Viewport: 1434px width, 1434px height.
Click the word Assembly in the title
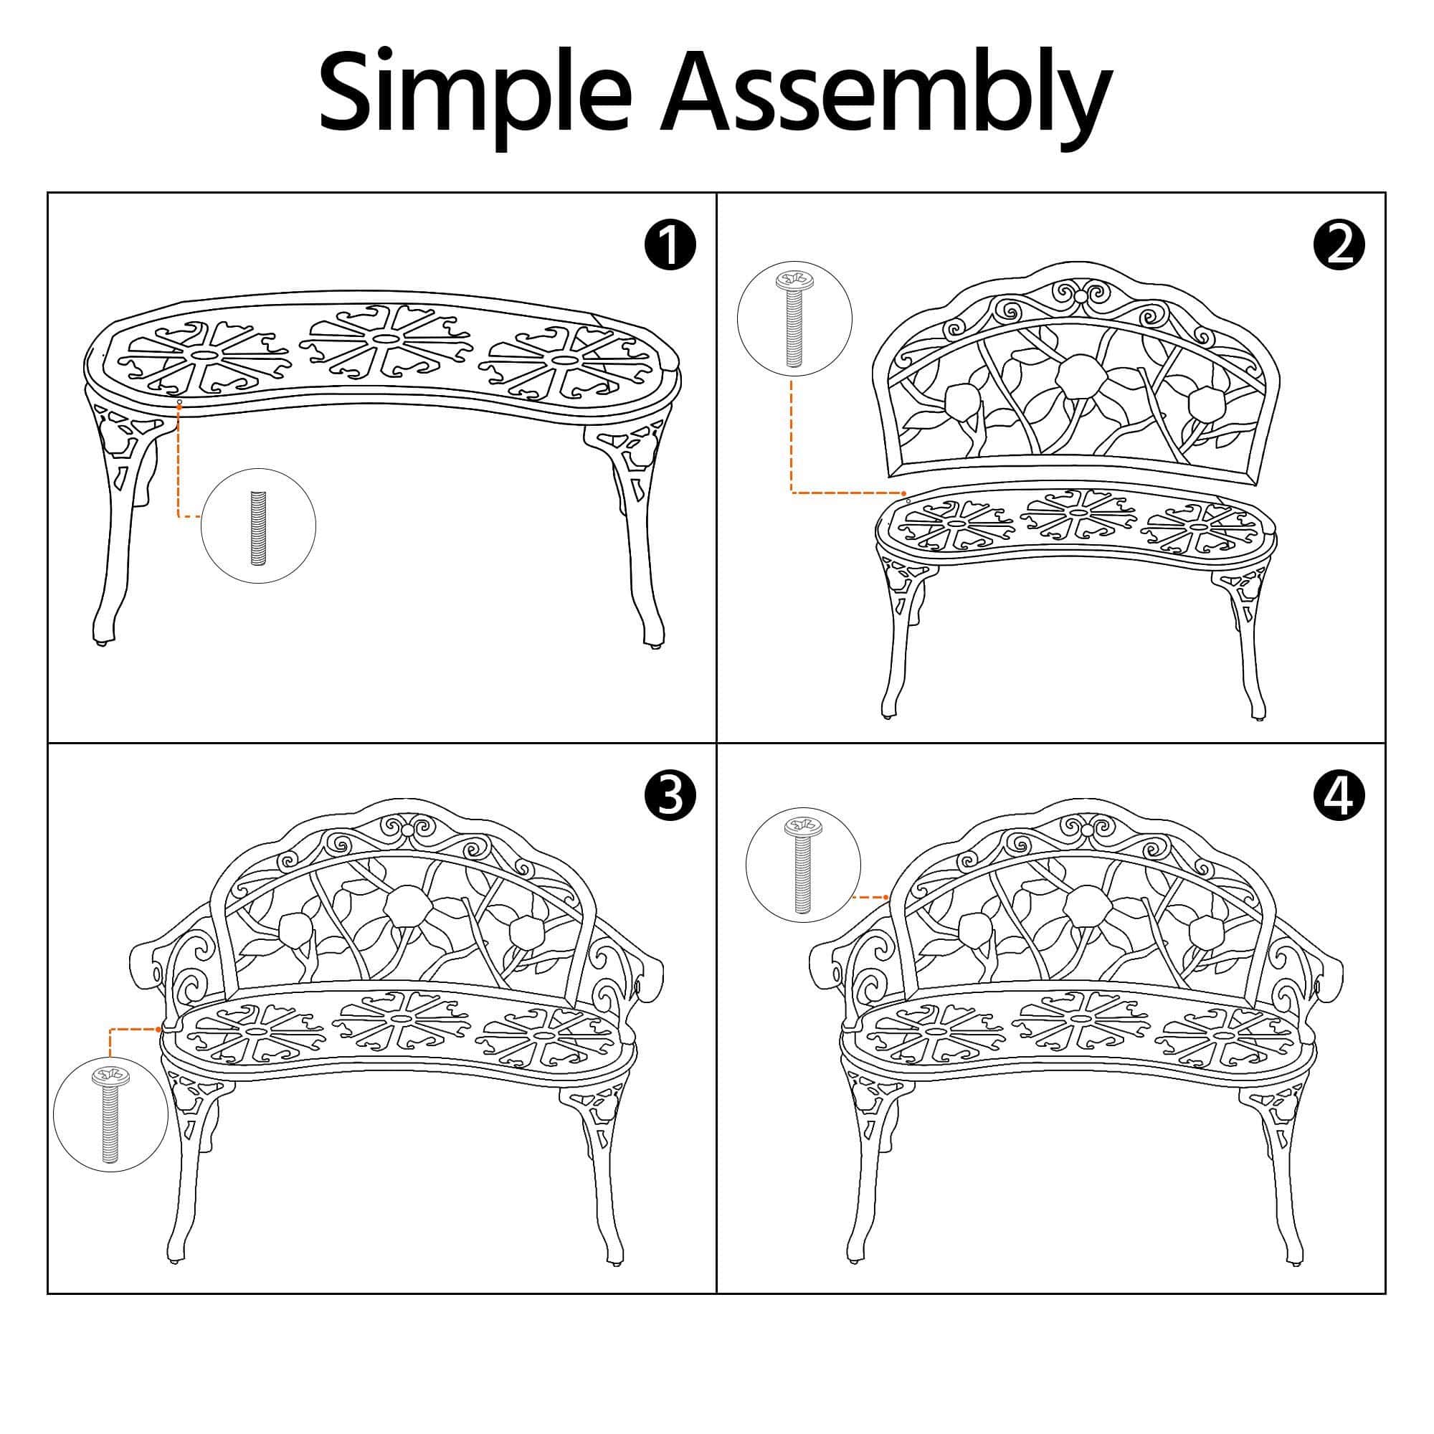[887, 98]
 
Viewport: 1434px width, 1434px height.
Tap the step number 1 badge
[670, 246]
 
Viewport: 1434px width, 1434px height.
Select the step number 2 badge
[1338, 246]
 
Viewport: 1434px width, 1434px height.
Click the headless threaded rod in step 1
[258, 527]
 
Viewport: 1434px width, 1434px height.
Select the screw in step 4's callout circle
[803, 865]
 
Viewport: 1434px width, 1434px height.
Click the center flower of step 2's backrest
[1081, 379]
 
